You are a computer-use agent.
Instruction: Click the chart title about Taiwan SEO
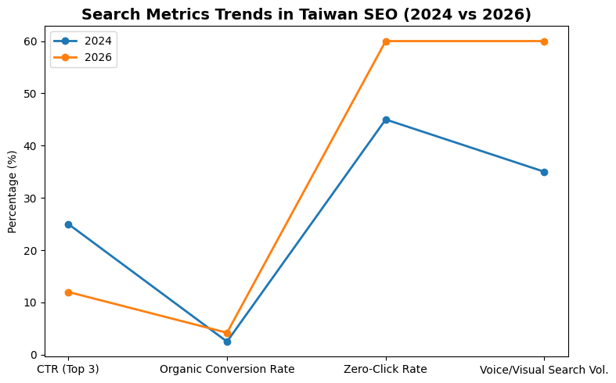(306, 14)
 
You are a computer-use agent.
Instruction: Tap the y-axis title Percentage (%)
(12, 191)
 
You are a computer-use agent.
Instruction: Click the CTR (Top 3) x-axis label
(68, 369)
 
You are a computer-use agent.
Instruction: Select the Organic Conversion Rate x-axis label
(227, 369)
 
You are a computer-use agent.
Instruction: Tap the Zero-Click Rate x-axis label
(386, 369)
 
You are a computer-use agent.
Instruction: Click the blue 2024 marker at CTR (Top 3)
(69, 224)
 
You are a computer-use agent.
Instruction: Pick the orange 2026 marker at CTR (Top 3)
(69, 292)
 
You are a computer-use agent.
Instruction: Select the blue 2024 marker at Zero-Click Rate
(386, 120)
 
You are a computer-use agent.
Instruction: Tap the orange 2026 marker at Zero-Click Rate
(386, 41)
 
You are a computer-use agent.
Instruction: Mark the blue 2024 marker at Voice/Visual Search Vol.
(544, 172)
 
